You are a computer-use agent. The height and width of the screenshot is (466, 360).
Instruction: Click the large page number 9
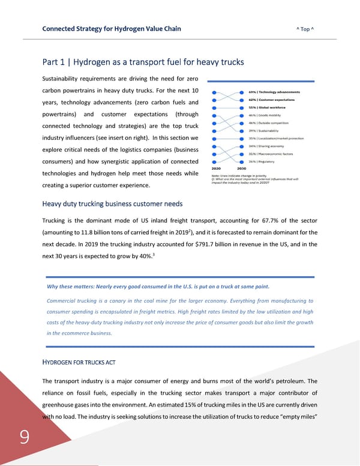23,440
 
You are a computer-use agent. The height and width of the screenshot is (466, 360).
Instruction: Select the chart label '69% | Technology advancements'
274,91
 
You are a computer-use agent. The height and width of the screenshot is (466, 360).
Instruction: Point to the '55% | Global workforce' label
268,107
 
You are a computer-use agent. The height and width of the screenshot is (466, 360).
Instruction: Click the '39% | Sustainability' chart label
265,130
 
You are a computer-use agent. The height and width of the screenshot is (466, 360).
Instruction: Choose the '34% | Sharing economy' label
266,146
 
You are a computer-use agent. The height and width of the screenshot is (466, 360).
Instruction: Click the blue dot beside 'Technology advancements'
242,91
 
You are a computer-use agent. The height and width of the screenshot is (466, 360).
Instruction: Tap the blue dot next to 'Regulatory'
242,162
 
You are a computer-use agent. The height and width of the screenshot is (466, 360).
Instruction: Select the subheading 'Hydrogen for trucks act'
78,362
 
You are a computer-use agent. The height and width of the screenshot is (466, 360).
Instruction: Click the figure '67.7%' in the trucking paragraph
275,220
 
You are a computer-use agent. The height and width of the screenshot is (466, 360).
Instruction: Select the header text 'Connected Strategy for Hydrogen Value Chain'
112,28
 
